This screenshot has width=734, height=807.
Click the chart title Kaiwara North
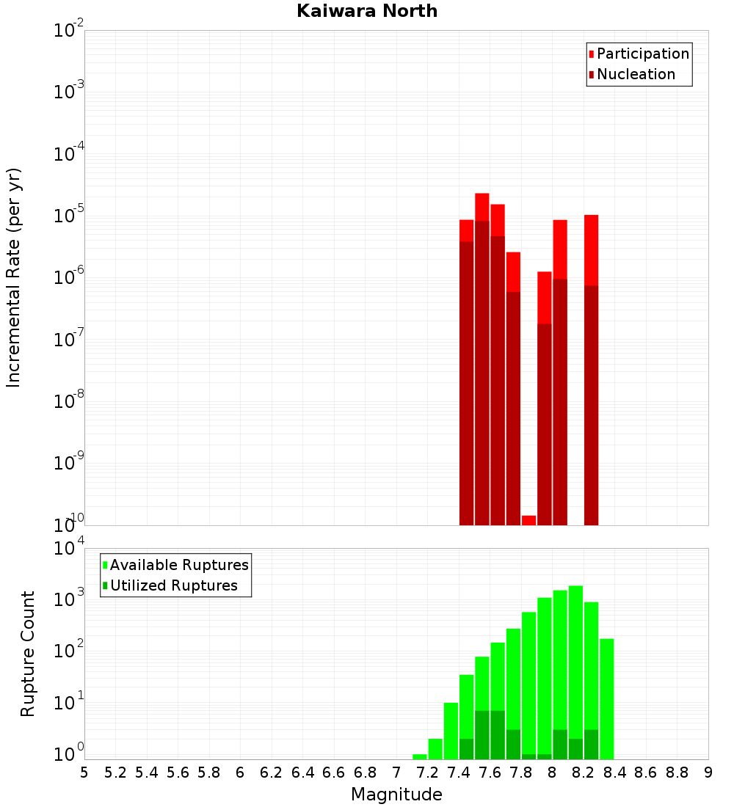367,11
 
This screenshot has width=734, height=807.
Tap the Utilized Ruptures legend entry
173,586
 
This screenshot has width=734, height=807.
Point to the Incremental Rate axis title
13,278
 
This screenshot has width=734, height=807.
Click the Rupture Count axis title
28,654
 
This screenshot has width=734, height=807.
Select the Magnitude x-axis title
396,795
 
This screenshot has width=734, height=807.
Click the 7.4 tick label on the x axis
459,773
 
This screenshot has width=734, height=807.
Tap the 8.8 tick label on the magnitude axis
677,773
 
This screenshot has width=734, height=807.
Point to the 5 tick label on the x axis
84,773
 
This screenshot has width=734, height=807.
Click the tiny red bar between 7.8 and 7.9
528,520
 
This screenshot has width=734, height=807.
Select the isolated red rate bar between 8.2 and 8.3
591,367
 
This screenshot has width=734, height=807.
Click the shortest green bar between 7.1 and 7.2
420,756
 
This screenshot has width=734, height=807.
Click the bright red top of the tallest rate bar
482,207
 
